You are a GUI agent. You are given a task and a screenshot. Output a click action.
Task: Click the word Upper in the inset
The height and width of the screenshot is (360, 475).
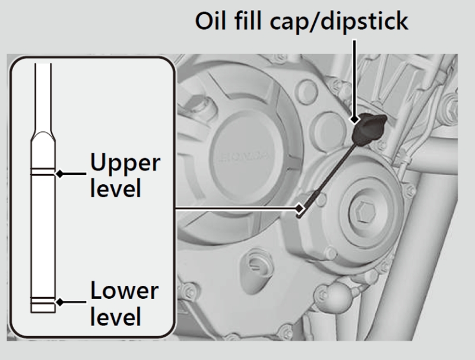[x=125, y=163]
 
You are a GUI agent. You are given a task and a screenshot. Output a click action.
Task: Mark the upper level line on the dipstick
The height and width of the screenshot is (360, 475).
[x=44, y=173]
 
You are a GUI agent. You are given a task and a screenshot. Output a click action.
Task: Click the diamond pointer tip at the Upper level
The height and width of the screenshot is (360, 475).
[x=59, y=174]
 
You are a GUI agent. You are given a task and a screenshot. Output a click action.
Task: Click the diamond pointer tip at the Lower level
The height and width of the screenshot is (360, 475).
[x=59, y=302]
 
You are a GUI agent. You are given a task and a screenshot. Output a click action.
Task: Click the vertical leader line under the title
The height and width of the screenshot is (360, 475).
[x=355, y=77]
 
